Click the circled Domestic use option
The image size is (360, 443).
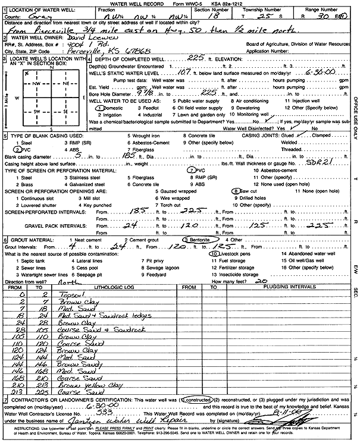[110, 109]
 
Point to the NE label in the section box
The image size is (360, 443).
[61, 83]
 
